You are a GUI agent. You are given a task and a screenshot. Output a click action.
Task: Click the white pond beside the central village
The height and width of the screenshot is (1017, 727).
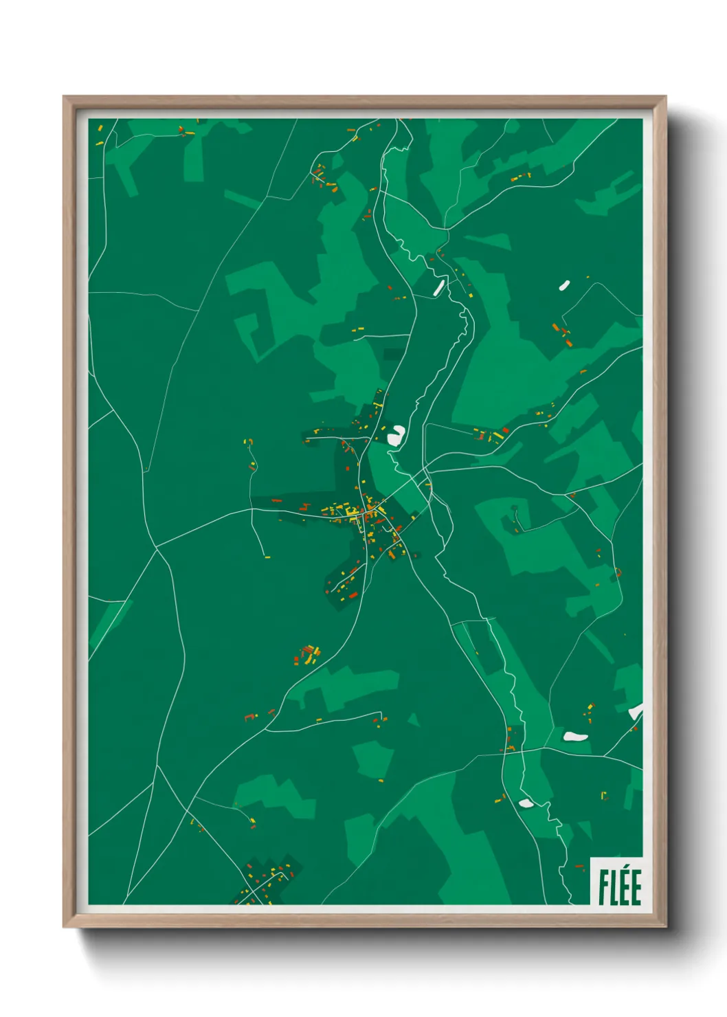pyautogui.click(x=396, y=434)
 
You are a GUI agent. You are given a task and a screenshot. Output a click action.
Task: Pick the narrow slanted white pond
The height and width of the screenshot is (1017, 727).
pyautogui.click(x=438, y=287)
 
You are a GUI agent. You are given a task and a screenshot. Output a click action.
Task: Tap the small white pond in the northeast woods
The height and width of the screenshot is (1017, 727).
pyautogui.click(x=564, y=284)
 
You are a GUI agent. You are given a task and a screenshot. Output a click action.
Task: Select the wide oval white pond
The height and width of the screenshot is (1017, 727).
pyautogui.click(x=575, y=737)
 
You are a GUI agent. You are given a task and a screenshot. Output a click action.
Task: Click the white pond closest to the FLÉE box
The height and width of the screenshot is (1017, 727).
pyautogui.click(x=526, y=803)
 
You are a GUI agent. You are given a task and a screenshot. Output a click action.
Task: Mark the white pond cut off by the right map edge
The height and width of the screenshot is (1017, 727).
pyautogui.click(x=636, y=711)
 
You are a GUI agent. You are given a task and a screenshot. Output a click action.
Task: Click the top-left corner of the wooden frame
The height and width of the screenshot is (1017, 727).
pyautogui.click(x=64, y=97)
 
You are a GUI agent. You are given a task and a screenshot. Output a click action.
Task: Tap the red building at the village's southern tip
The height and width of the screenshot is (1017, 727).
pyautogui.click(x=353, y=595)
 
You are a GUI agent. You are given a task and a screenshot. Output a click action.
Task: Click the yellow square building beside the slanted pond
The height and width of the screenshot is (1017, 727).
pyautogui.click(x=471, y=295)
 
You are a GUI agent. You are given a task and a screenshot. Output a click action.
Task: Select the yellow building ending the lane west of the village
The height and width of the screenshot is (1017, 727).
pyautogui.click(x=267, y=557)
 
